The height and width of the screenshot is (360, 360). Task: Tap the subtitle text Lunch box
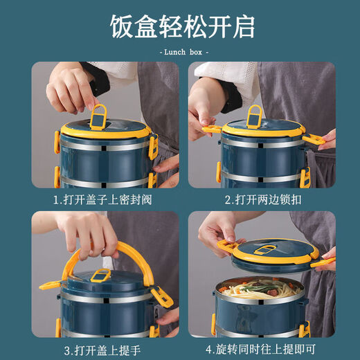pyautogui.click(x=183, y=52)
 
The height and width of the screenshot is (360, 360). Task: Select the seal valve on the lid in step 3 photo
pyautogui.click(x=100, y=276)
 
